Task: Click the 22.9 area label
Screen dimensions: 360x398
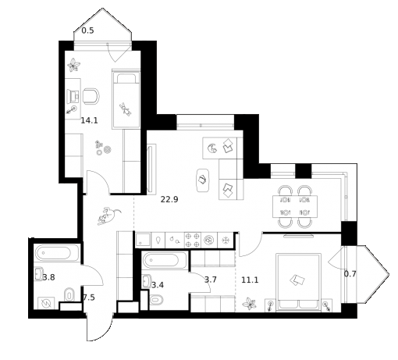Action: click(170, 199)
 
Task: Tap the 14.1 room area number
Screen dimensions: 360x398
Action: click(89, 120)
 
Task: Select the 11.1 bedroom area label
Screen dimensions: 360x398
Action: click(250, 279)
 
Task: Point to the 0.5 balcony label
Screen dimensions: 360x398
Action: click(88, 30)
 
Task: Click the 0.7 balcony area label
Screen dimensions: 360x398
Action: click(350, 273)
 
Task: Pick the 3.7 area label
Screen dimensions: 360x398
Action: click(211, 279)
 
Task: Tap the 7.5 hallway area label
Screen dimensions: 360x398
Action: click(88, 298)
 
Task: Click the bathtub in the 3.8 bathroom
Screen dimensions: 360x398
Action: click(59, 254)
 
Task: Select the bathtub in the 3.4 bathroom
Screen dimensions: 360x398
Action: click(165, 262)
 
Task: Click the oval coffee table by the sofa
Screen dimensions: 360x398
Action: click(203, 179)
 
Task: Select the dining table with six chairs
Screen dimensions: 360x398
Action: click(295, 205)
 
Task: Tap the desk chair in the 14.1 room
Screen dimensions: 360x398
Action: click(91, 96)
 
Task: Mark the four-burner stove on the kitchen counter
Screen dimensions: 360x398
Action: click(191, 240)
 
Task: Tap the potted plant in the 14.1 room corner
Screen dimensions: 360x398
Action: click(74, 65)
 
